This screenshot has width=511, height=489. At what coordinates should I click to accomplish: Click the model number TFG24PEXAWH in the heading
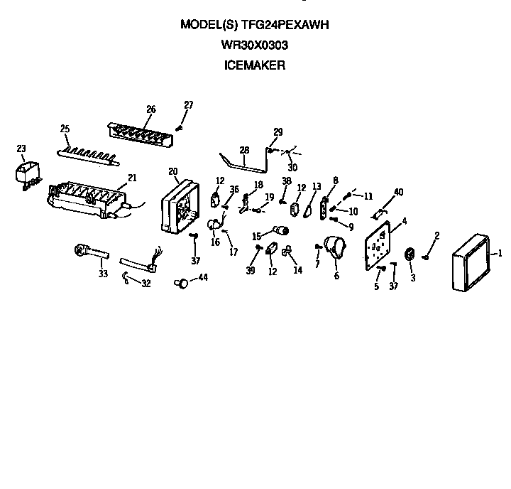click(x=285, y=25)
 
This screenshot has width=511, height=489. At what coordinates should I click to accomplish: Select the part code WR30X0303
click(x=255, y=45)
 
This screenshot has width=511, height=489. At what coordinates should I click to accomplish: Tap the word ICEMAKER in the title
click(x=255, y=65)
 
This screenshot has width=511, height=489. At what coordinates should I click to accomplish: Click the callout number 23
click(x=21, y=149)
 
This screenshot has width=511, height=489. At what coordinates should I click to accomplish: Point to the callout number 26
click(x=151, y=109)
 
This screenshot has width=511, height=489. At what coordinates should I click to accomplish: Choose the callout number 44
click(x=203, y=277)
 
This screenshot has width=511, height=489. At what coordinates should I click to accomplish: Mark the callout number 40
click(x=399, y=192)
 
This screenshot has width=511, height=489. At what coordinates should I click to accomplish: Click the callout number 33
click(x=103, y=274)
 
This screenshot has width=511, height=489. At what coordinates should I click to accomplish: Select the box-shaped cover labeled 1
click(x=471, y=262)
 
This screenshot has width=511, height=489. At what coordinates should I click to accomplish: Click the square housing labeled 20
click(x=180, y=206)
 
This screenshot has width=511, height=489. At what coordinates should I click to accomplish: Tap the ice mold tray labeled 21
click(x=87, y=200)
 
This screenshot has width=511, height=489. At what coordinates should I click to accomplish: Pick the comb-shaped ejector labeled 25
click(x=88, y=156)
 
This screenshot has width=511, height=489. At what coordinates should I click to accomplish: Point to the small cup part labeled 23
click(x=28, y=173)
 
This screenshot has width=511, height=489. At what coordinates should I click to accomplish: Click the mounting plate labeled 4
click(x=378, y=245)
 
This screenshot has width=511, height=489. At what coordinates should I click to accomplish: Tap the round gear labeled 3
click(x=410, y=254)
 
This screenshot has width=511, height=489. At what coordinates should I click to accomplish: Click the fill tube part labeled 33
click(x=92, y=252)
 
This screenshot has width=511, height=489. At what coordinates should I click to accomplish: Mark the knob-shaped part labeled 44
click(x=182, y=283)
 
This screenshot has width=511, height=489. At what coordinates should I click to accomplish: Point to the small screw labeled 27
click(x=179, y=129)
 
